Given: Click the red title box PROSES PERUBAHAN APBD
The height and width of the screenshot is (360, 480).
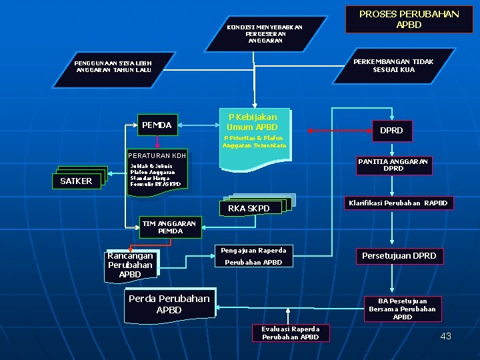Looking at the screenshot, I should (x=409, y=19).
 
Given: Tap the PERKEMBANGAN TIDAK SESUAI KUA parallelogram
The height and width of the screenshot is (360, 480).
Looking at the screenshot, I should (x=393, y=65).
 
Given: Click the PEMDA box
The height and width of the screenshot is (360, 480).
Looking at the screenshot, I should (x=157, y=125).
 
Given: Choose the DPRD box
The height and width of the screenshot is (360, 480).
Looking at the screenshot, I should (x=391, y=130).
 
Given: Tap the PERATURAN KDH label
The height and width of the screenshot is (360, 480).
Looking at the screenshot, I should (x=157, y=156).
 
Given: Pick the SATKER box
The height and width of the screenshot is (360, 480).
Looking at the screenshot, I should (x=76, y=181).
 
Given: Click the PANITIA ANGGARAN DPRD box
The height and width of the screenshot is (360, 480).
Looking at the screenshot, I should (x=393, y=165).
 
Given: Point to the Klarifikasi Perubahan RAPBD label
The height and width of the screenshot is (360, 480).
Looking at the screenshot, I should (x=399, y=203).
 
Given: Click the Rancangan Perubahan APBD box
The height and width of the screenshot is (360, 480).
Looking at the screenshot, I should (x=130, y=265).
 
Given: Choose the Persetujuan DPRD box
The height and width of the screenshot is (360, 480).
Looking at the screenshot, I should (x=399, y=256).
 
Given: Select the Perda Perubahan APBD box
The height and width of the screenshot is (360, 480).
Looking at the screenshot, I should (x=169, y=304).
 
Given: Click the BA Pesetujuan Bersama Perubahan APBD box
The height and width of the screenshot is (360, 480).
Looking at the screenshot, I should (x=403, y=309).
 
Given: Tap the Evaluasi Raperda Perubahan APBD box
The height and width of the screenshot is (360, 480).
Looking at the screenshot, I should (x=290, y=333).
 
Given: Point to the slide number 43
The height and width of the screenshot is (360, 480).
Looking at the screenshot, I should (x=446, y=336).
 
